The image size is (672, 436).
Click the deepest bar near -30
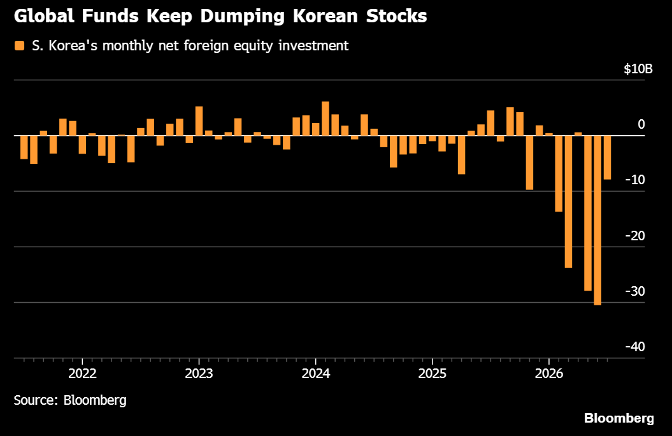click(x=597, y=221)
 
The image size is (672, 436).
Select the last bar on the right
click(x=607, y=157)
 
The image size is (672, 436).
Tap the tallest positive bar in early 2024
click(x=325, y=119)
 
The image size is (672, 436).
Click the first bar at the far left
click(x=24, y=147)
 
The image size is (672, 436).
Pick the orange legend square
click(x=19, y=45)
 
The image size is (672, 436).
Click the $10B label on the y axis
click(x=638, y=69)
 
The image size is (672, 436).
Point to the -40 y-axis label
click(x=634, y=346)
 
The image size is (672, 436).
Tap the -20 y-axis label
click(x=634, y=235)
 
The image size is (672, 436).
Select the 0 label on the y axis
click(x=641, y=124)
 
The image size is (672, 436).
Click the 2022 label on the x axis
click(x=82, y=374)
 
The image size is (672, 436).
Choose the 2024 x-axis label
click(x=316, y=374)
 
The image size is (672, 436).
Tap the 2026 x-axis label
click(x=549, y=374)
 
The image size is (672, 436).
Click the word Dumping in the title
click(x=243, y=17)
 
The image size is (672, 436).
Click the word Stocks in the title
click(x=396, y=17)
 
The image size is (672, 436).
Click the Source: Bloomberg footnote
click(x=70, y=400)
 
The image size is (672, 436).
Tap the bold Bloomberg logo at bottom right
click(x=619, y=418)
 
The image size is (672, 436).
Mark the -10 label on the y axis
click(x=634, y=180)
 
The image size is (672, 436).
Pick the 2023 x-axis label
click(x=199, y=374)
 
